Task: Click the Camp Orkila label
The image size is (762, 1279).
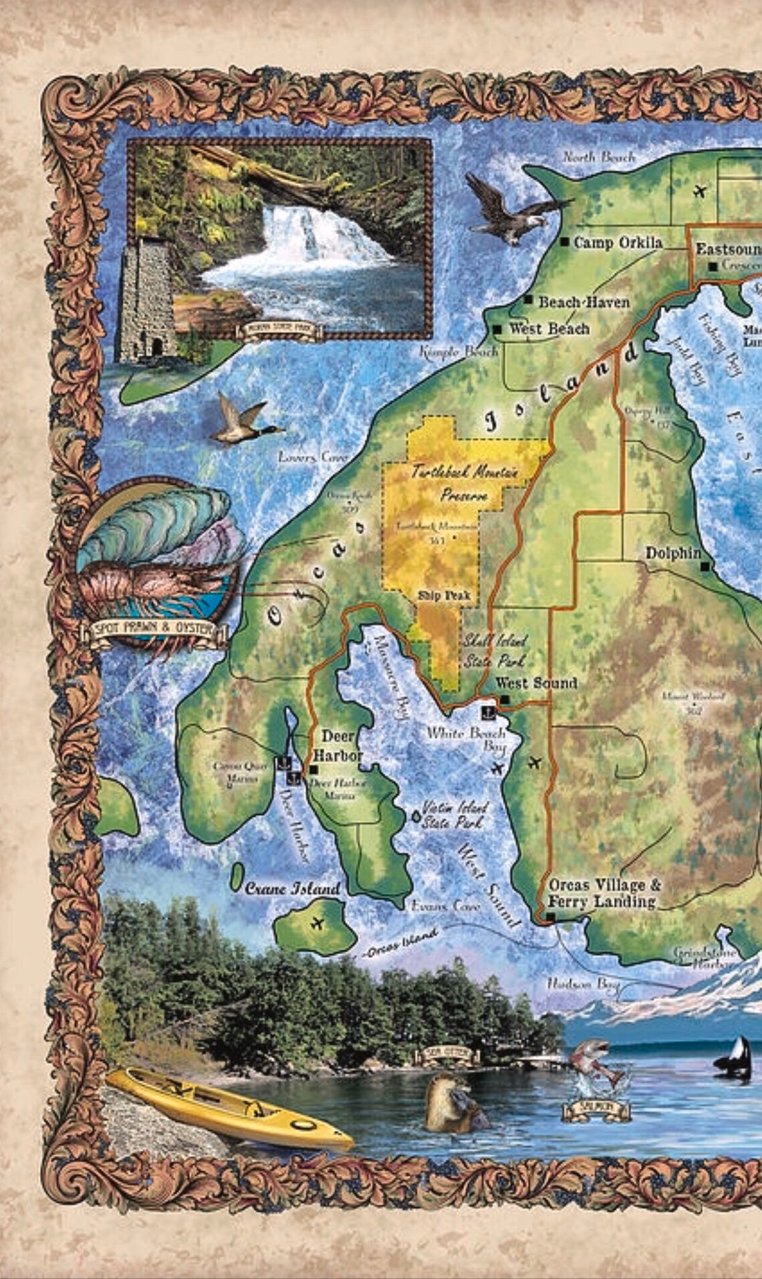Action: click(x=618, y=243)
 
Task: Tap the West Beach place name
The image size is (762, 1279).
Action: click(x=549, y=329)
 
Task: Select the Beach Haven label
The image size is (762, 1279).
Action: click(x=584, y=302)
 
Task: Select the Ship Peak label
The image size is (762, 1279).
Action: click(x=444, y=595)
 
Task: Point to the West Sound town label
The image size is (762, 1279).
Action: click(x=536, y=683)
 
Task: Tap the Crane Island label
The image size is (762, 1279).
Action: click(x=293, y=889)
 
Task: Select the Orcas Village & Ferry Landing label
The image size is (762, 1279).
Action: click(x=603, y=893)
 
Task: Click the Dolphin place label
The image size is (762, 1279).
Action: click(x=672, y=553)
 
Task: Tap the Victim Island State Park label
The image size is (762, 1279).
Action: click(x=455, y=815)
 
